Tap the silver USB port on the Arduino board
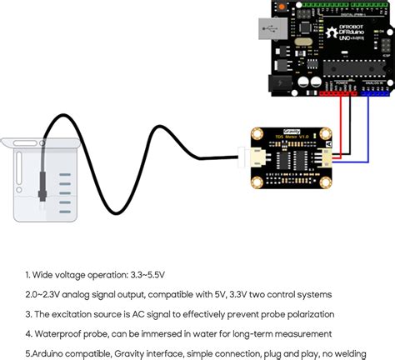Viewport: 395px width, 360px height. [267, 31]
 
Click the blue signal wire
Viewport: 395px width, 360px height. [367, 125]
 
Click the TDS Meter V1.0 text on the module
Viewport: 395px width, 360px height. [294, 141]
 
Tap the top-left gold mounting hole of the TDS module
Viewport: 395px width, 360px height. [258, 136]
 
